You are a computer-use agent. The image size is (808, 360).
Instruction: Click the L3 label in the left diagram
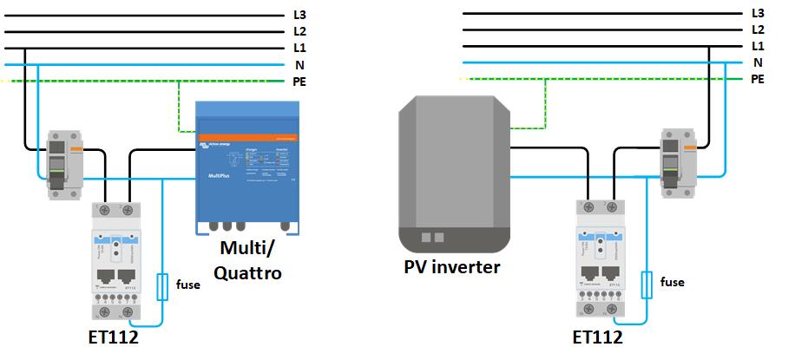(x=300, y=15)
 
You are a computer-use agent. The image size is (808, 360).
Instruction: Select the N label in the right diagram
(x=758, y=62)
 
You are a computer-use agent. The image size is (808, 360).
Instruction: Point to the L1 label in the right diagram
(x=758, y=46)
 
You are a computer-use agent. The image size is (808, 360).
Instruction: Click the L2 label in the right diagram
(x=758, y=29)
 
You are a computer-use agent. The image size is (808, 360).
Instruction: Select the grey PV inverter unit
(x=452, y=164)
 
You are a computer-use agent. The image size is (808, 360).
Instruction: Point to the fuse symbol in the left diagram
(x=161, y=286)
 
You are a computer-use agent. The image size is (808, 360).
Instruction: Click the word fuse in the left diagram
(x=189, y=283)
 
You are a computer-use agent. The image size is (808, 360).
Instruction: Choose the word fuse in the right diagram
(x=672, y=282)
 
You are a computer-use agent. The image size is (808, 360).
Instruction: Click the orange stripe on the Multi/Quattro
(x=246, y=138)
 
